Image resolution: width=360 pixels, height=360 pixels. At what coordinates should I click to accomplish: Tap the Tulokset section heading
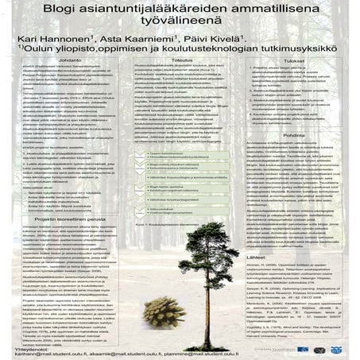[298, 82]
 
